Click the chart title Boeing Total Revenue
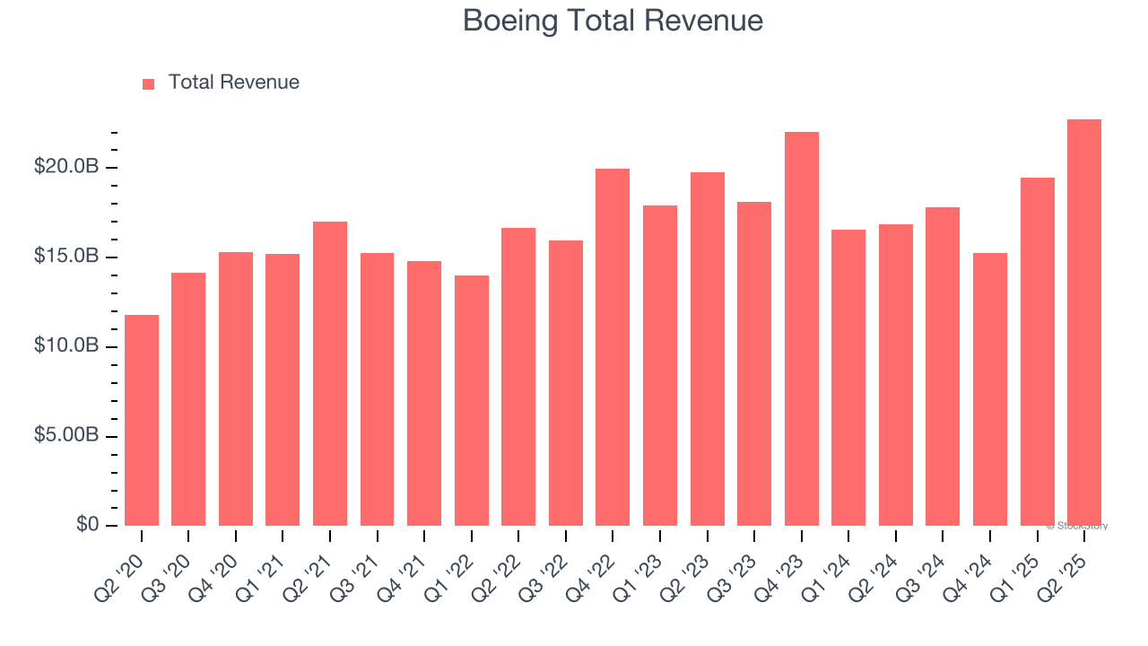[613, 21]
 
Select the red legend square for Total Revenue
[149, 83]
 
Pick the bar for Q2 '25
[1084, 323]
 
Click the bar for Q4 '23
[802, 328]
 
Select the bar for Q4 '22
[613, 347]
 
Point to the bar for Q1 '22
[472, 400]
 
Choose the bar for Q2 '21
[330, 373]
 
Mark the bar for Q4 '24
[990, 389]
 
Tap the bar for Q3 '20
[188, 399]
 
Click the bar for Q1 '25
[1037, 352]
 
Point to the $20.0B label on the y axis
[66, 167]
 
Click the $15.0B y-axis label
[66, 257]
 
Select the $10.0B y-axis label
[66, 345]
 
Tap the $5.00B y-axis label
[66, 435]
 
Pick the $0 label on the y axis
[86, 524]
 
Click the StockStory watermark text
[1077, 526]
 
